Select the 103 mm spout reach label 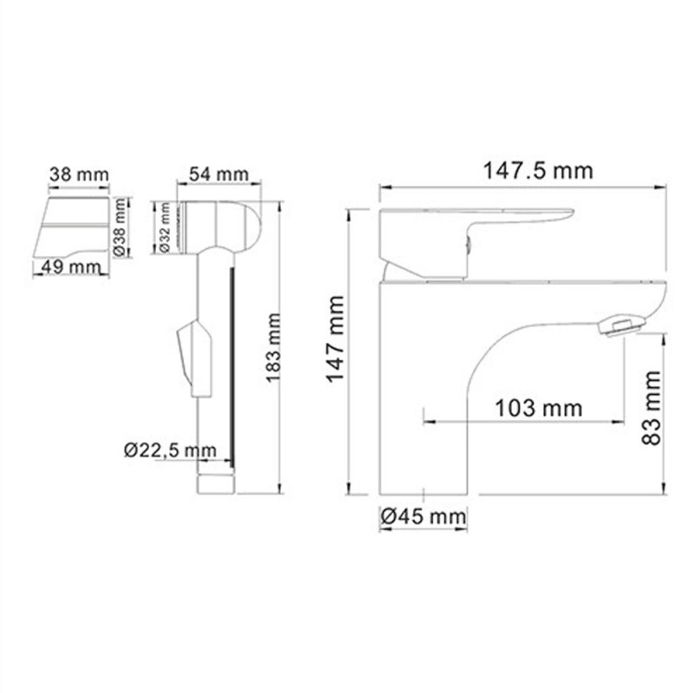coord(540,407)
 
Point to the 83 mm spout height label coord(651,407)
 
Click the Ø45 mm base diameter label coord(423,517)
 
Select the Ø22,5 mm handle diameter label coord(170,450)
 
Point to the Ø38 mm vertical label coord(120,227)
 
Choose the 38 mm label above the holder coord(79,174)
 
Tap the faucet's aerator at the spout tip coord(620,327)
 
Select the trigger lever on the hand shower coord(191,355)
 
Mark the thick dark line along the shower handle coord(231,364)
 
